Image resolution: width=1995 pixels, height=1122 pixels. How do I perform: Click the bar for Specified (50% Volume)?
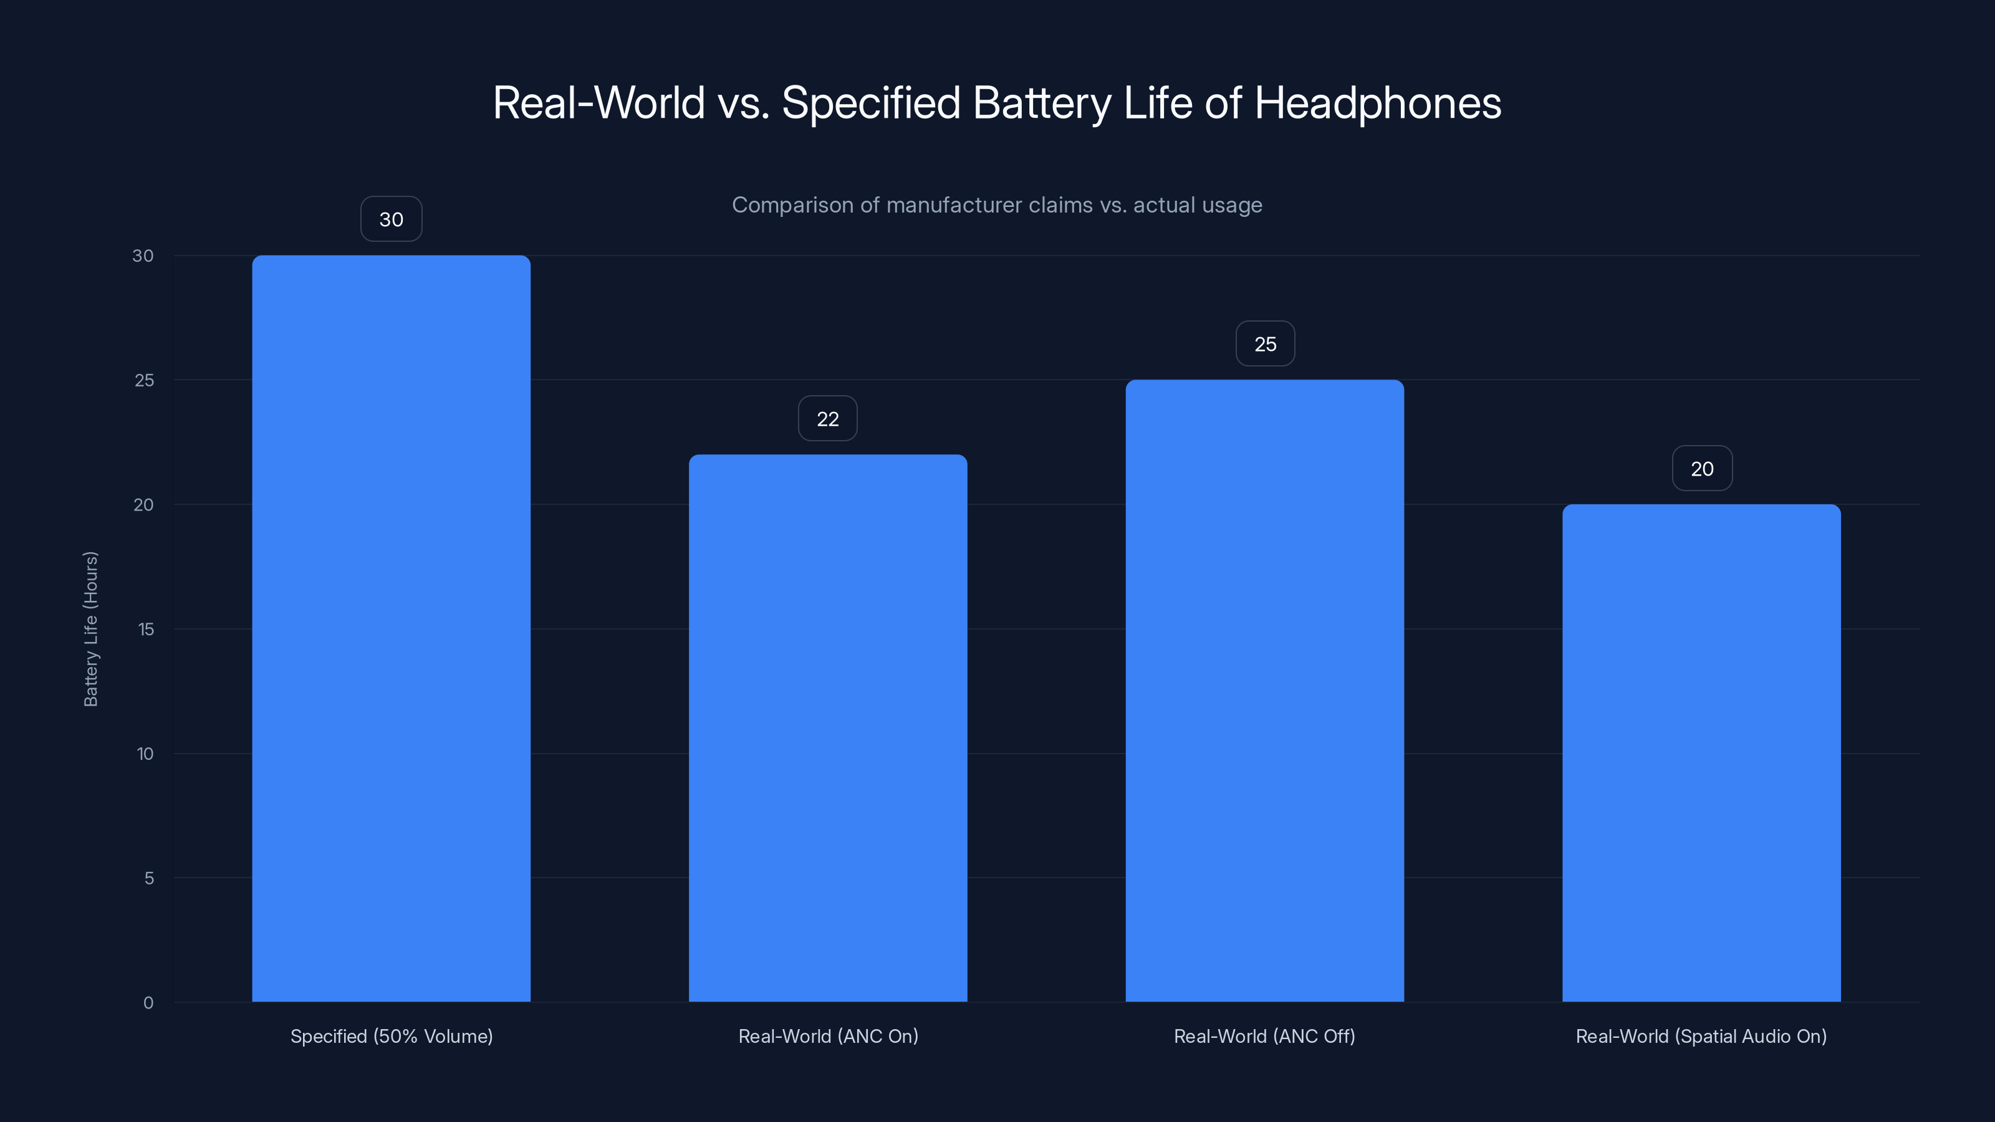coord(391,628)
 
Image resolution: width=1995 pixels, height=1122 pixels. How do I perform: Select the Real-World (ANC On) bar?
coord(828,728)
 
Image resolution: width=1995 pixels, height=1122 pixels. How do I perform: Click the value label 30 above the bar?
coord(391,219)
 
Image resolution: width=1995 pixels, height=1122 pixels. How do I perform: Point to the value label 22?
coord(828,419)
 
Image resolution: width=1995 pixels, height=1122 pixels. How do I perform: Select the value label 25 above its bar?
coord(1265,344)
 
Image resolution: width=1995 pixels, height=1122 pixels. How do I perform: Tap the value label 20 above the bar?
coord(1701,469)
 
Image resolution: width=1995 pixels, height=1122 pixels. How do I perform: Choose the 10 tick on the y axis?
coord(145,754)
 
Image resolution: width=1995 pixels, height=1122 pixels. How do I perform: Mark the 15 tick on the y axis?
coord(146,629)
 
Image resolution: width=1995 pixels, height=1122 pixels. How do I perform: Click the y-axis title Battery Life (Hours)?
coord(90,629)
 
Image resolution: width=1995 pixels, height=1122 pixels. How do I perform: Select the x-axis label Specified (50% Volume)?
coord(391,1036)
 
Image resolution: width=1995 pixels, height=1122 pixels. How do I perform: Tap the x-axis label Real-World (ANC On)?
coord(828,1036)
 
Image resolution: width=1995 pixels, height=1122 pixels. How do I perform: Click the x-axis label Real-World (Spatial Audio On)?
coord(1701,1036)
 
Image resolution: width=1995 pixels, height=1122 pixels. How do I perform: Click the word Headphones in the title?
coord(1377,103)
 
